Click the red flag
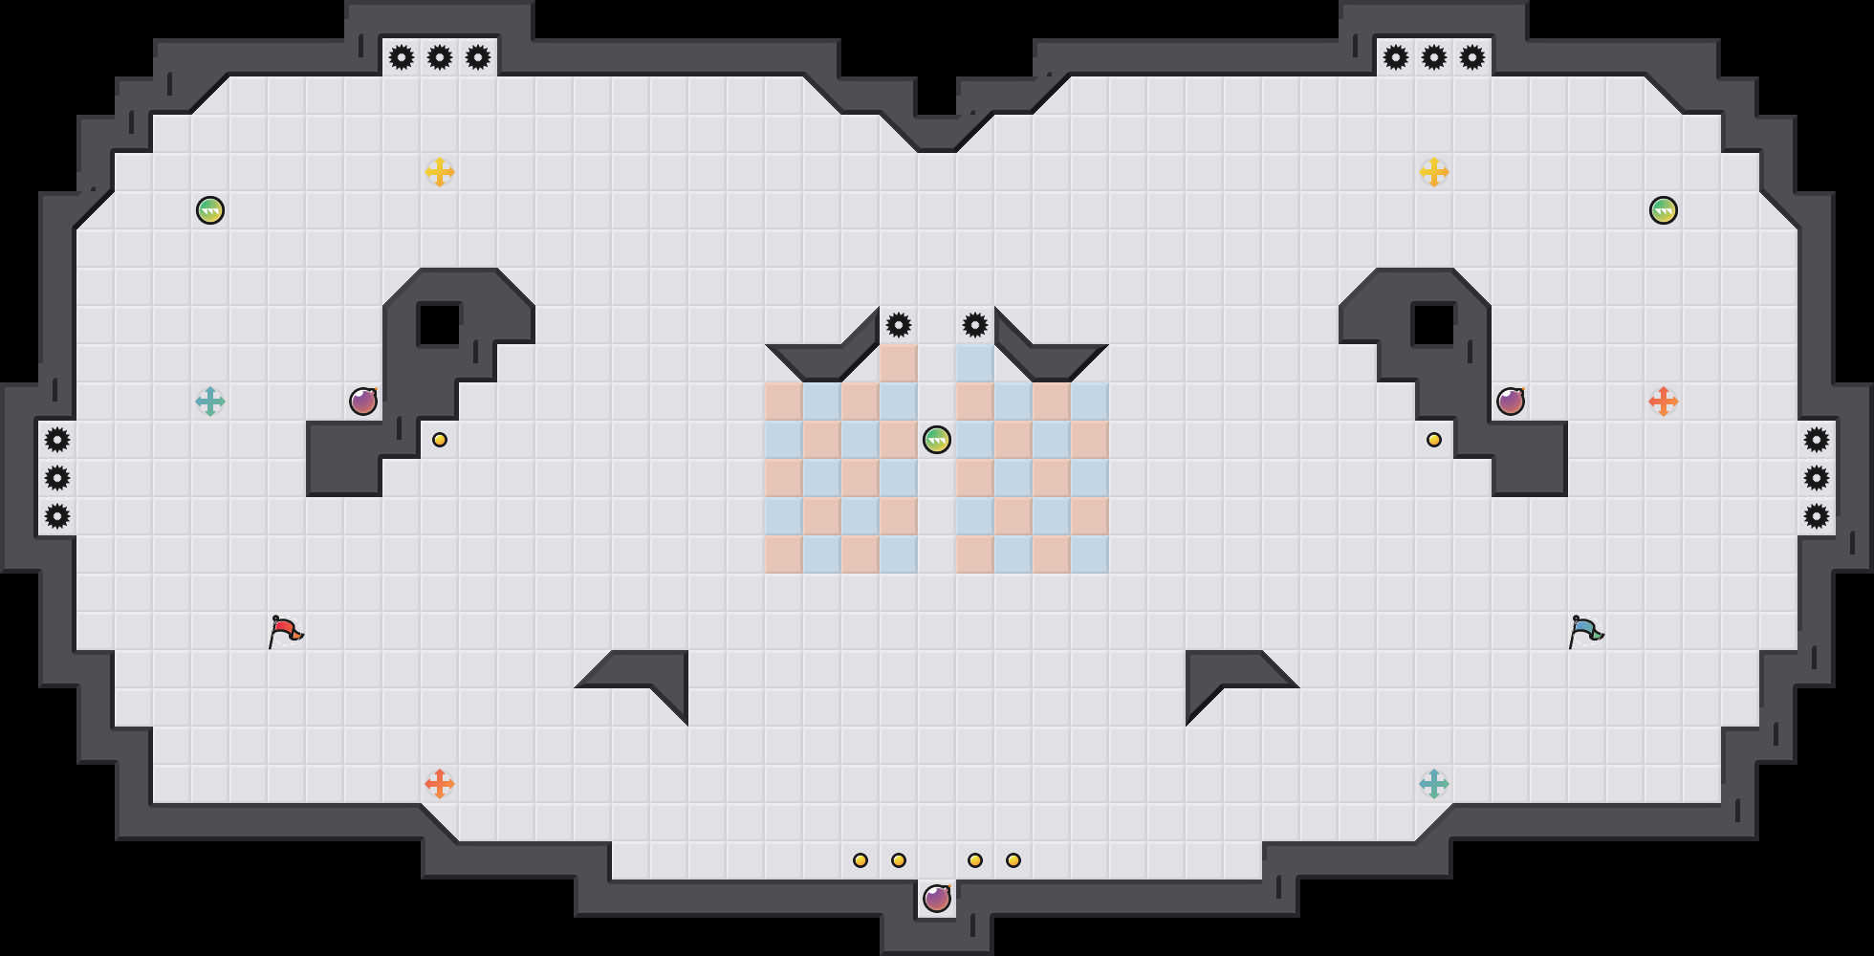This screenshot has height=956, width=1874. pos(285,631)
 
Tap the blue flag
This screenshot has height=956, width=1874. pos(1585,631)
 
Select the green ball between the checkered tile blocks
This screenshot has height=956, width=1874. pos(937,440)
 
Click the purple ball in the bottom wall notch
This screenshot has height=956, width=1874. pos(937,899)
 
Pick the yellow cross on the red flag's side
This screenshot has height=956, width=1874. pos(440,172)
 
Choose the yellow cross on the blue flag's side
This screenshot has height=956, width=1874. pos(1434,172)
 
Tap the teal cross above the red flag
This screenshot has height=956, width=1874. pos(210,402)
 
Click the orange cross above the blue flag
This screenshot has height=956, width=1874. pos(1664,402)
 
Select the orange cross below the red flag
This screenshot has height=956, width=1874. pos(440,784)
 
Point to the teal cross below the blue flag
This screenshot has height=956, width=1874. pos(1434,784)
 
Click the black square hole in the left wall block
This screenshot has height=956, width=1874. pos(440,325)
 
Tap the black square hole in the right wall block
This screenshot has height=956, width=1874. pos(1434,325)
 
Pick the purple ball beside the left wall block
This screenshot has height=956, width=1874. pos(363,402)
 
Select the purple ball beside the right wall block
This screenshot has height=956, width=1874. pos(1511,402)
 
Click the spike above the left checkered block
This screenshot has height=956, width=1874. pos(899,325)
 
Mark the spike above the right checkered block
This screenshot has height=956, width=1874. pos(975,325)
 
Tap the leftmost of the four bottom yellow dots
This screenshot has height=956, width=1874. pos(861,860)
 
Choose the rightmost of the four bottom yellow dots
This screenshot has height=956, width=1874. pos(1013,860)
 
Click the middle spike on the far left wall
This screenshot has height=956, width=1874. pos(57,478)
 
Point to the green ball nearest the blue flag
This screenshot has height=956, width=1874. pos(1664,210)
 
